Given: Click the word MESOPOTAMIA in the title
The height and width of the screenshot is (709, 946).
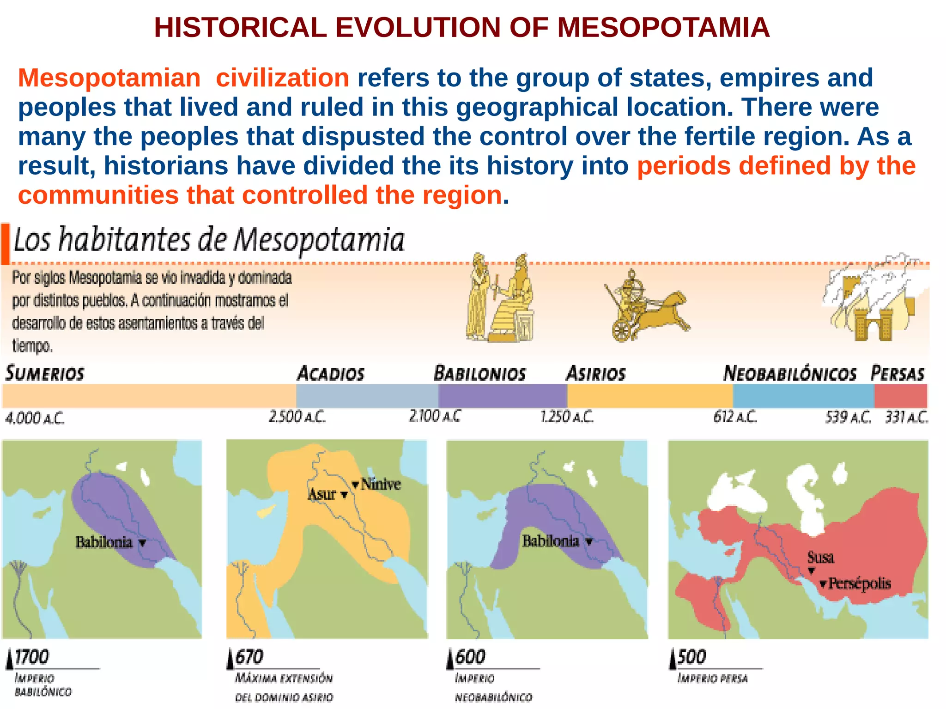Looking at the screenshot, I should click(x=663, y=28).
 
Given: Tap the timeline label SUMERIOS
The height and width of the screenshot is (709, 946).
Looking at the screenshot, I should click(x=45, y=373).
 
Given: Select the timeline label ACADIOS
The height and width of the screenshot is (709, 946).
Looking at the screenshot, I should click(x=331, y=373).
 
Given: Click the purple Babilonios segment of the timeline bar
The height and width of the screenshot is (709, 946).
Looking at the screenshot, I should click(x=503, y=396).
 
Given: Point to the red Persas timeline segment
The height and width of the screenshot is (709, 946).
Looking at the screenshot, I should click(x=900, y=396).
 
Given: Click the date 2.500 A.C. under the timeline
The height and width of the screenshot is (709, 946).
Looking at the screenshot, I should click(x=297, y=417).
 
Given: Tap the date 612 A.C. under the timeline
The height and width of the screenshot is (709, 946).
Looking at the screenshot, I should click(x=735, y=417).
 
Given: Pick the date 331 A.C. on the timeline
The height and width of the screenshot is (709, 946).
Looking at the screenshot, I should click(x=906, y=418).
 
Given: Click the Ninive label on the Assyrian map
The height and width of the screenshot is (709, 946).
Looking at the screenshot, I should click(x=380, y=484).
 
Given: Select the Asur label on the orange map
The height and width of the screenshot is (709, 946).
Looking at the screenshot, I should click(x=321, y=494).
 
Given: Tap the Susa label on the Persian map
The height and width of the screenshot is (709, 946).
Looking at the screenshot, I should click(x=820, y=558).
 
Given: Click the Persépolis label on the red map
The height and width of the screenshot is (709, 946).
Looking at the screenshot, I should click(x=859, y=583).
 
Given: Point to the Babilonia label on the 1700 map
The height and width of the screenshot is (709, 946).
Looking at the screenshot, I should click(x=104, y=542).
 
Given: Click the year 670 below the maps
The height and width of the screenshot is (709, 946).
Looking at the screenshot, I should click(x=249, y=657).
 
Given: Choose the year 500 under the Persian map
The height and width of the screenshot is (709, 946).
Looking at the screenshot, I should click(x=691, y=657).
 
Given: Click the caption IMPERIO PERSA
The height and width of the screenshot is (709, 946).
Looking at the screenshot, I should click(x=712, y=679).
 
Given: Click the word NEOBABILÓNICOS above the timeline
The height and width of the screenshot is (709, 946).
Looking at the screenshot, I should click(x=789, y=374).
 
